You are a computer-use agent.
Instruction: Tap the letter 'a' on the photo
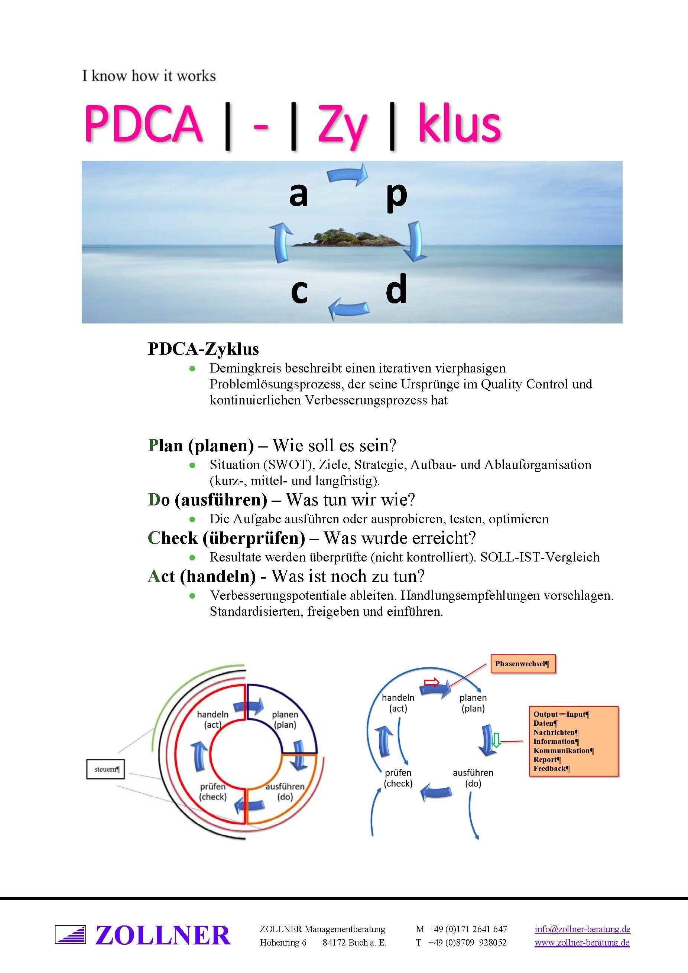pos(298,195)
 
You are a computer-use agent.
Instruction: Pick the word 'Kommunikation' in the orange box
pos(563,751)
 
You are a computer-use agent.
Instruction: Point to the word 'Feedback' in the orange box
pos(551,768)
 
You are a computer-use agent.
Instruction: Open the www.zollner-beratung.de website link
pos(582,943)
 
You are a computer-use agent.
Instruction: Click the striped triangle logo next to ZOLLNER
pos(70,935)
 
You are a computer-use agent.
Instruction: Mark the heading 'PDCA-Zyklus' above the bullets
pos(203,349)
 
